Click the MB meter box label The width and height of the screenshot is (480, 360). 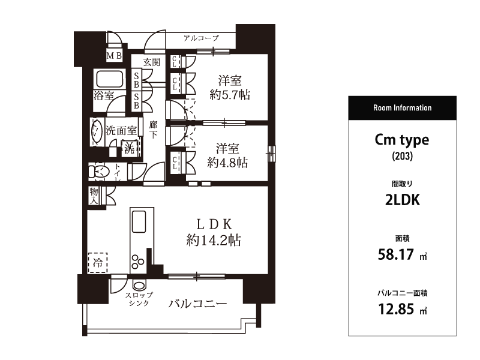click(114, 56)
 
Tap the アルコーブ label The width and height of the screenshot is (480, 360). click(201, 38)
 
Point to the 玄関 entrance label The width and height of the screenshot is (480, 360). click(152, 62)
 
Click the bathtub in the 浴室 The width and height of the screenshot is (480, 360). click(110, 79)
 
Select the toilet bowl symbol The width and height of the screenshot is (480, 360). click(99, 172)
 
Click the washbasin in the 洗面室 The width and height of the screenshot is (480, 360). click(97, 131)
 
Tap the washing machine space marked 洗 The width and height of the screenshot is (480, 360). click(130, 149)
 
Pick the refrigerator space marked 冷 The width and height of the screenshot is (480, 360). click(98, 262)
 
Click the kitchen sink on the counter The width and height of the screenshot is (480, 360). click(139, 221)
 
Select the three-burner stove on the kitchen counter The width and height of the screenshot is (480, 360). click(138, 261)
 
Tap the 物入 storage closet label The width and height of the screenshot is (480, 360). click(94, 196)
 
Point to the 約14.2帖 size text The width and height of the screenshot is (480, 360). click(214, 240)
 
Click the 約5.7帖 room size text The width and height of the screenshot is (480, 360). click(230, 95)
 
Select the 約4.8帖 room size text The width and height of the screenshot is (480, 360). click(227, 163)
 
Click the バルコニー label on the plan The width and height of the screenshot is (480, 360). click(198, 304)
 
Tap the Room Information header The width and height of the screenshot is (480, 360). click(402, 108)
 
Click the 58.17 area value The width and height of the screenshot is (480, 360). click(396, 254)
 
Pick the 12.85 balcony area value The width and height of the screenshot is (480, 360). click(396, 309)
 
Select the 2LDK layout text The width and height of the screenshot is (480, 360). click(402, 200)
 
